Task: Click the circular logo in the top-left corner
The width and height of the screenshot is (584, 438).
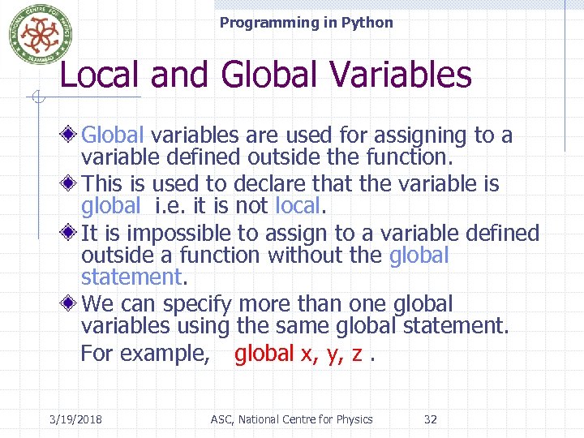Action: click(36, 34)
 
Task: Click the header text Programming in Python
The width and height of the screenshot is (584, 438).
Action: click(306, 23)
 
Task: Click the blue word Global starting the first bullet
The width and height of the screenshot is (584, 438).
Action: click(114, 135)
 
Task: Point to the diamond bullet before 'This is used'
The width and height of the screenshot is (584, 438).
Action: click(72, 183)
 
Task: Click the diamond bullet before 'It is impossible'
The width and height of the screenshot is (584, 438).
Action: click(72, 233)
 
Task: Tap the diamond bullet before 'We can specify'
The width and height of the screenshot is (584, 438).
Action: click(72, 303)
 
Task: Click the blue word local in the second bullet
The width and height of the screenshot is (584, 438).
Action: click(298, 206)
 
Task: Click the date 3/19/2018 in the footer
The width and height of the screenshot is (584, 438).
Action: click(75, 419)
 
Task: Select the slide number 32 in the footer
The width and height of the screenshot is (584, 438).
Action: click(431, 419)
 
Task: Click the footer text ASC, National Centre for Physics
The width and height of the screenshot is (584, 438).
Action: click(291, 419)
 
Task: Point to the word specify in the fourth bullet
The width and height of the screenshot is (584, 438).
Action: click(197, 304)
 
